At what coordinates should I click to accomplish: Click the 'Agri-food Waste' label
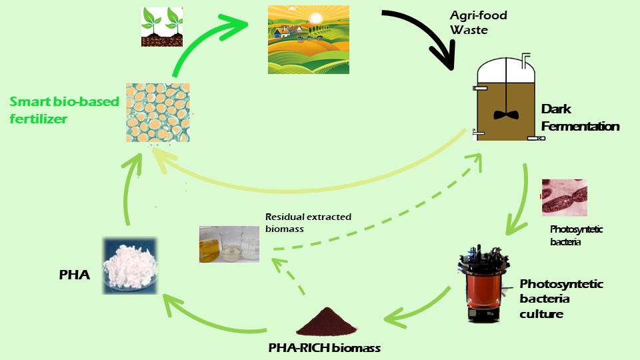click(x=479, y=23)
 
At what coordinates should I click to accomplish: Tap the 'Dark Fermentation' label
click(x=580, y=117)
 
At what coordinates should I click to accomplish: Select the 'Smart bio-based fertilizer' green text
click(x=64, y=110)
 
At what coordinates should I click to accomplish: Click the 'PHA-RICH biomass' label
click(x=325, y=348)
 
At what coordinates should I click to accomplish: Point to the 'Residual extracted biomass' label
click(x=308, y=223)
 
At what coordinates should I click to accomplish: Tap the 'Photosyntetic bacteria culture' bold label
click(x=561, y=299)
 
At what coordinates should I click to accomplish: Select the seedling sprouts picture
click(x=162, y=27)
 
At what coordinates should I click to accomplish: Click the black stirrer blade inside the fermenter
click(x=506, y=115)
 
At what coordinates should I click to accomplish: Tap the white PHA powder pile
click(x=129, y=266)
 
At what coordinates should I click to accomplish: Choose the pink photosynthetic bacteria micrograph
click(x=565, y=197)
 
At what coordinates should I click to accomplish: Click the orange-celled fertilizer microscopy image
click(x=158, y=113)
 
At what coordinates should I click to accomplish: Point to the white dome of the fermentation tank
click(x=506, y=70)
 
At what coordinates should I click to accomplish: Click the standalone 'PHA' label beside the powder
click(x=74, y=275)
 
